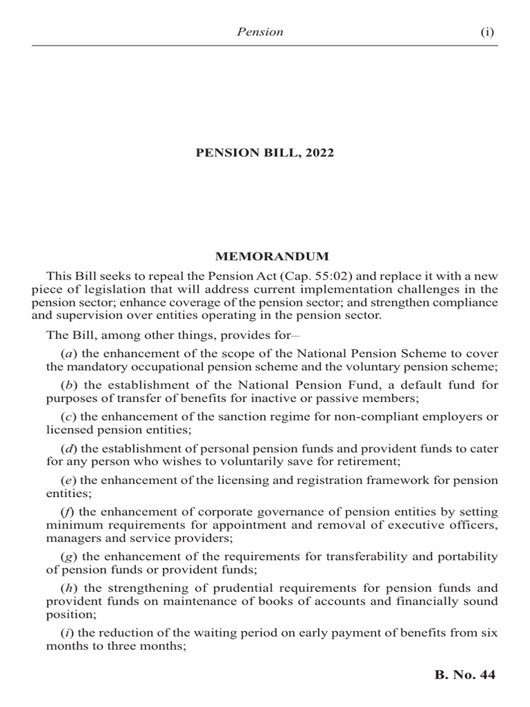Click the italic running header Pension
coord(261,32)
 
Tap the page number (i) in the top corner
coord(487,32)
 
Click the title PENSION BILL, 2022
coord(265,153)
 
